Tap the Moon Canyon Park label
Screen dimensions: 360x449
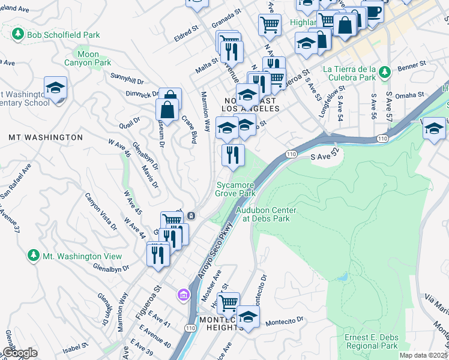(88, 58)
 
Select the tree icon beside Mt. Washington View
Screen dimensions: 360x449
(33, 256)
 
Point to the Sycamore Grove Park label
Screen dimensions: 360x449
(236, 189)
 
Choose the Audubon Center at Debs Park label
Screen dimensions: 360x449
(262, 214)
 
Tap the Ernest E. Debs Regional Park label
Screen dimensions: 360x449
(371, 341)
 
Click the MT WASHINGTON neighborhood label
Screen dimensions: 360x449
(46, 137)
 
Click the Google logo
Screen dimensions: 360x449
(20, 353)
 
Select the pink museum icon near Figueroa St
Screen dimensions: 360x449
(183, 295)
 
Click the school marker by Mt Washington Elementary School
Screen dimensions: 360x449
(55, 88)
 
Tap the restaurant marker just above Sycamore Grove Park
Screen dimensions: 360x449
(233, 155)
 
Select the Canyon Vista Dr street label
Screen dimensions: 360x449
(101, 212)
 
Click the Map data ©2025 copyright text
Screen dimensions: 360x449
(423, 355)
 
